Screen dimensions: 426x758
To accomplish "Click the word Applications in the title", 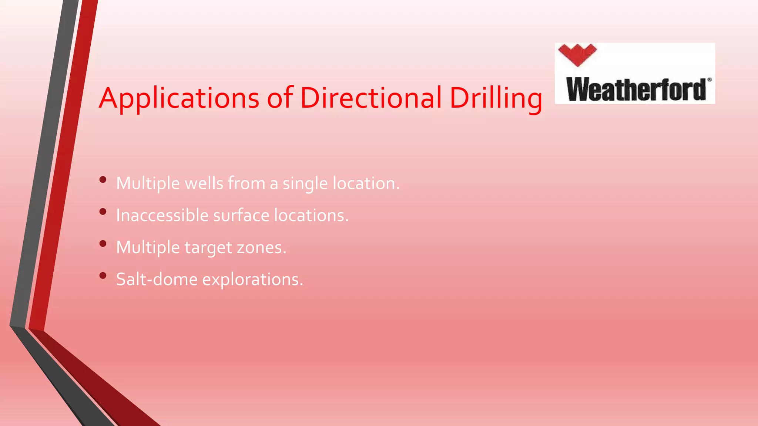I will click(179, 98).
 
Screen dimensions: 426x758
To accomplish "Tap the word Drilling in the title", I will click(496, 98).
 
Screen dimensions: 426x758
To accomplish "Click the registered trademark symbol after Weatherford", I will click(709, 80).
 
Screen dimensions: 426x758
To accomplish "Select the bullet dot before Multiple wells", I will click(103, 180).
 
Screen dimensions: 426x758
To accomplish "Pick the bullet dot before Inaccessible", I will click(103, 212).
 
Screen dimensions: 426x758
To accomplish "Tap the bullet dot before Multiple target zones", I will click(103, 243).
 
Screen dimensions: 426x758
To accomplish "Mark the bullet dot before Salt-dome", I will click(103, 275).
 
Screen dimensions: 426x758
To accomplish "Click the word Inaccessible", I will click(162, 215).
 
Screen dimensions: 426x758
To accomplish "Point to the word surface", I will click(241, 215).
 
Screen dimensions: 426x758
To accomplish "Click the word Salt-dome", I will click(157, 279).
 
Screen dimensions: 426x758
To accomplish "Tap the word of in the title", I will click(280, 98).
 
